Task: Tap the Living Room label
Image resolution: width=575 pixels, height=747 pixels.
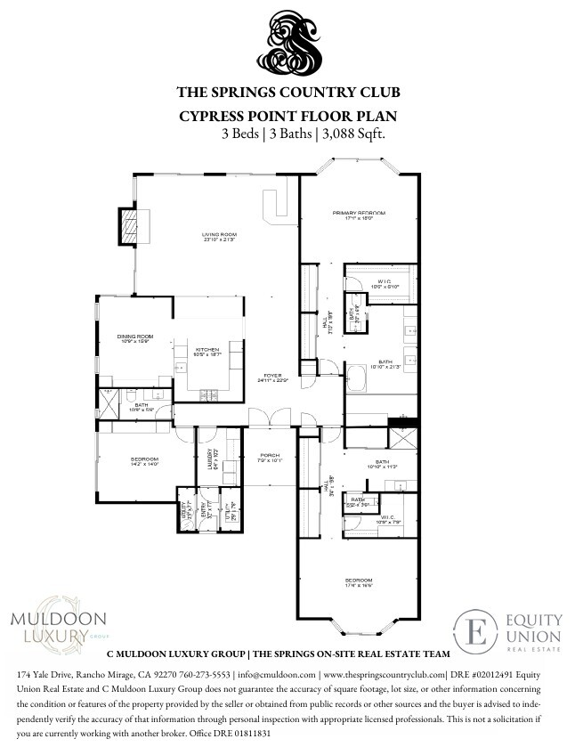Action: pyautogui.click(x=218, y=236)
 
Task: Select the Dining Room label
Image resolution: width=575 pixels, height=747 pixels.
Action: pyautogui.click(x=135, y=337)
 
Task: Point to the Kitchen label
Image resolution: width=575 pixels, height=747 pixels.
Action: pyautogui.click(x=207, y=351)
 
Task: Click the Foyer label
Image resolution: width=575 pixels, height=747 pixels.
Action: pyautogui.click(x=271, y=378)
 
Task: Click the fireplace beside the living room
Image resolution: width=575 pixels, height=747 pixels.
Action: pyautogui.click(x=131, y=225)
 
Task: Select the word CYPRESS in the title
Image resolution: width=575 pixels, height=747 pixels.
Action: pyautogui.click(x=213, y=117)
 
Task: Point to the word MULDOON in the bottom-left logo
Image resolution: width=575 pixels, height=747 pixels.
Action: pyautogui.click(x=57, y=619)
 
